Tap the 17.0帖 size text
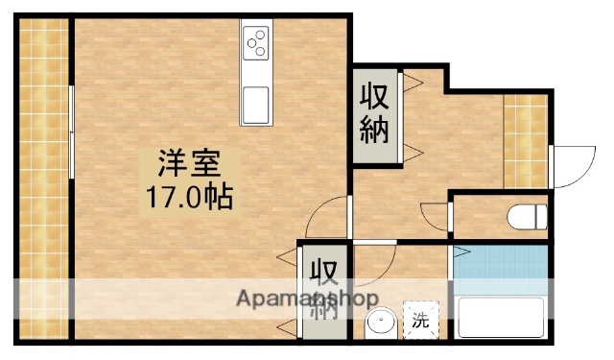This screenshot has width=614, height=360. [x=187, y=199]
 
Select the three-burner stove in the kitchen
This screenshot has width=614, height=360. [x=256, y=41]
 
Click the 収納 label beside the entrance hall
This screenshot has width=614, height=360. [x=374, y=113]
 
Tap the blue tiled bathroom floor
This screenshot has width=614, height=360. [x=499, y=268]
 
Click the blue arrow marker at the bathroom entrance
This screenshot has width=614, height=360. [x=460, y=254]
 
